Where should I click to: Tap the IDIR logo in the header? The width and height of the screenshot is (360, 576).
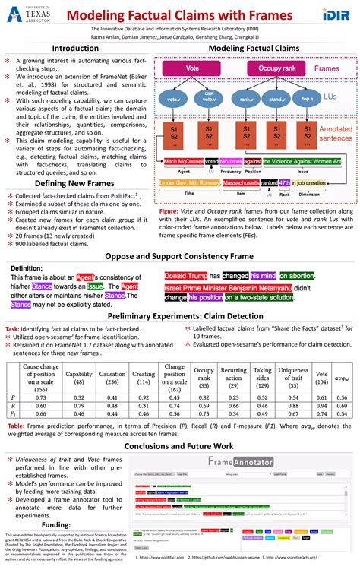pos(335,14)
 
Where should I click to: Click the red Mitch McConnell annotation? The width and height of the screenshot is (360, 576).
pos(183,161)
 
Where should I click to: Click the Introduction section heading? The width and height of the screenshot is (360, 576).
pos(74,48)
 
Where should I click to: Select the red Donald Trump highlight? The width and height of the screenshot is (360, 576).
pos(186,276)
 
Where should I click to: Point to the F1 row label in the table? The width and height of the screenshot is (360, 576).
pos(11,414)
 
